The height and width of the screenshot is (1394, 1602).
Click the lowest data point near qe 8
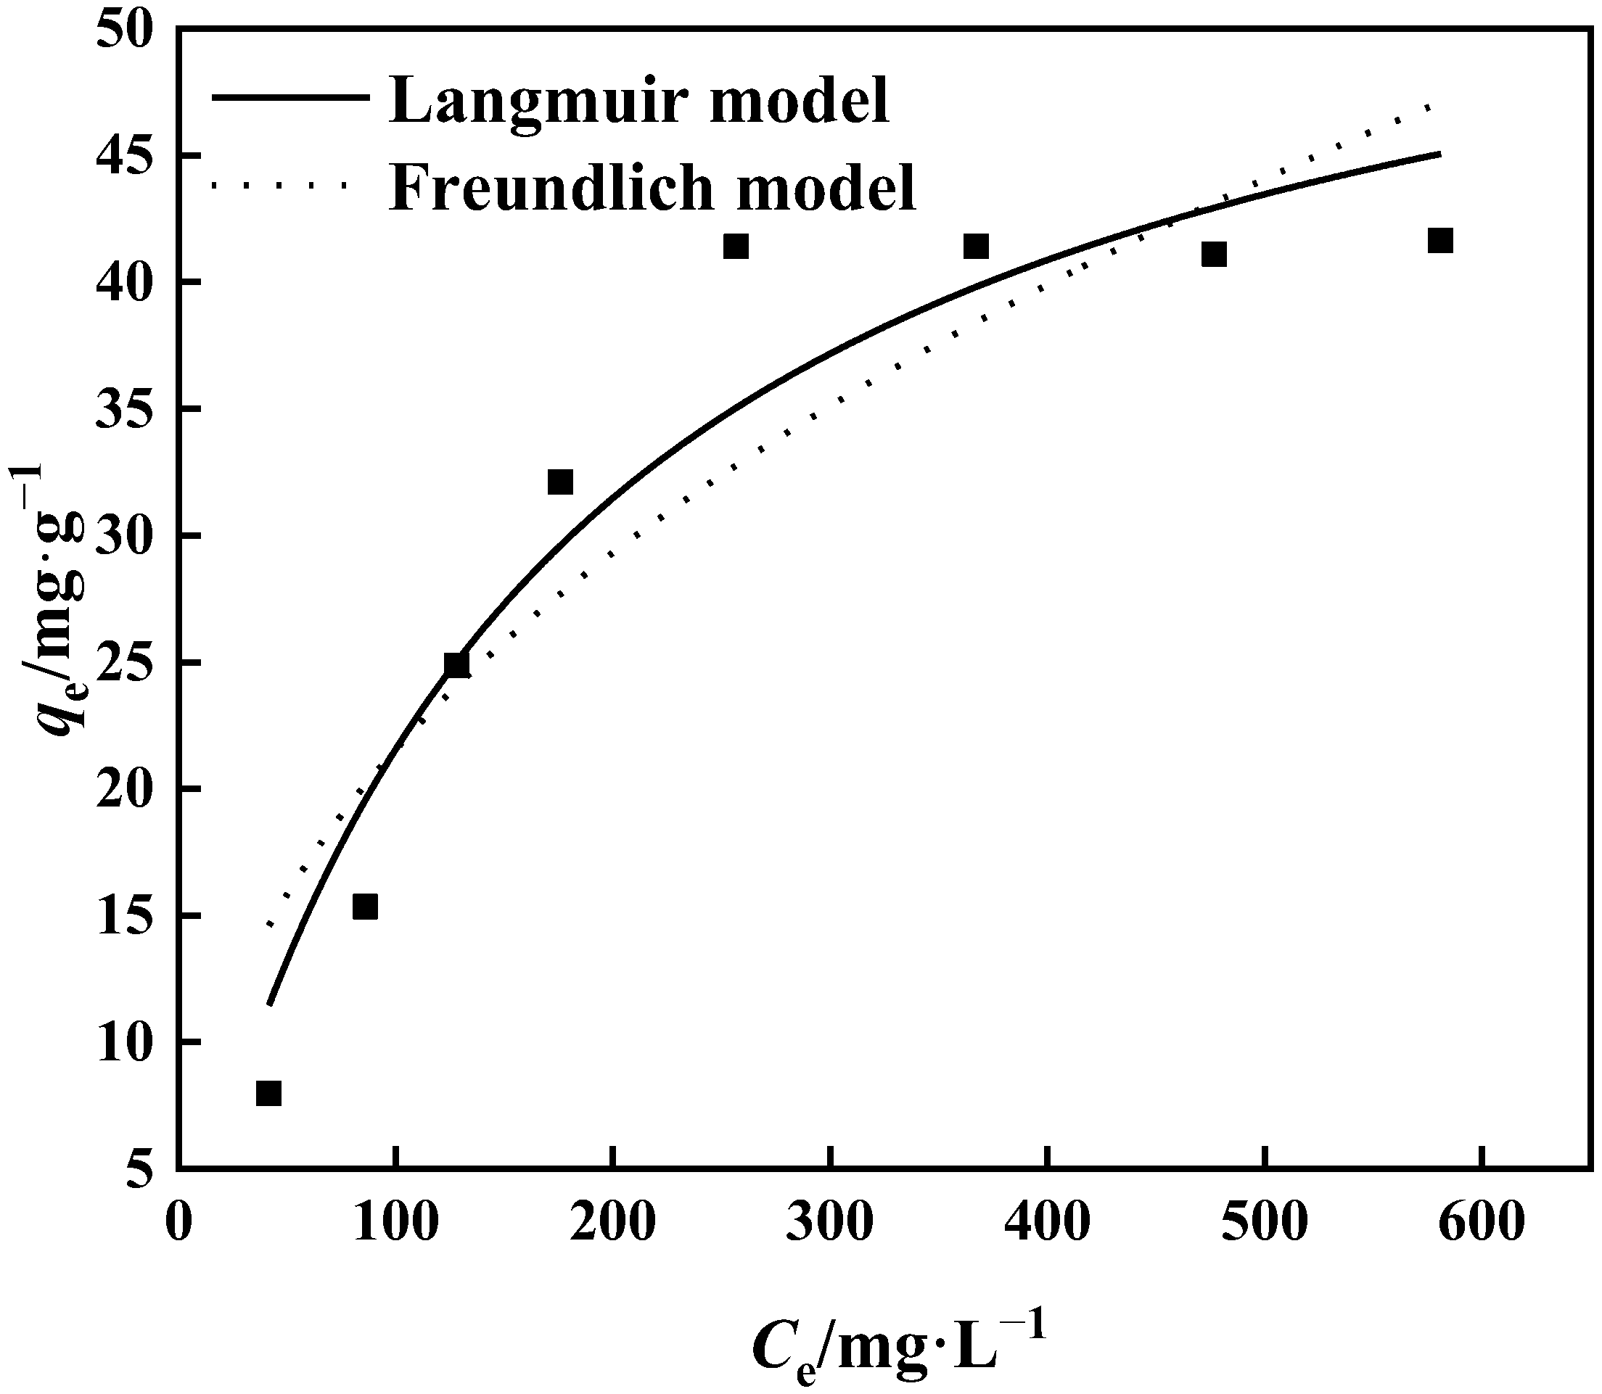tap(268, 1093)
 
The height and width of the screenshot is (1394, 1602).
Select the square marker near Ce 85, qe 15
tap(365, 907)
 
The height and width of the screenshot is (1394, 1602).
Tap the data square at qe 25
tap(456, 665)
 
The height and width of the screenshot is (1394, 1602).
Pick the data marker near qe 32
tap(560, 482)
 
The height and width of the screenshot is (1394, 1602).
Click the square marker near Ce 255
tap(735, 247)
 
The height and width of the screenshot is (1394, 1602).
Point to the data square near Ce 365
tap(976, 247)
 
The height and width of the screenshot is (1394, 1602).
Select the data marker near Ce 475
tap(1214, 255)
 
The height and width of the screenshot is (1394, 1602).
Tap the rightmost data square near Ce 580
tap(1440, 241)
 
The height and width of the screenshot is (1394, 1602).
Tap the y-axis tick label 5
tap(141, 1168)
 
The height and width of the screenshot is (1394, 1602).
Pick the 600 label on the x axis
tap(1482, 1224)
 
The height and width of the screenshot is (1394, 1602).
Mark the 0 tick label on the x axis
tap(179, 1224)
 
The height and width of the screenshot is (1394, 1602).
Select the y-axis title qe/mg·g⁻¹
tap(58, 599)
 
